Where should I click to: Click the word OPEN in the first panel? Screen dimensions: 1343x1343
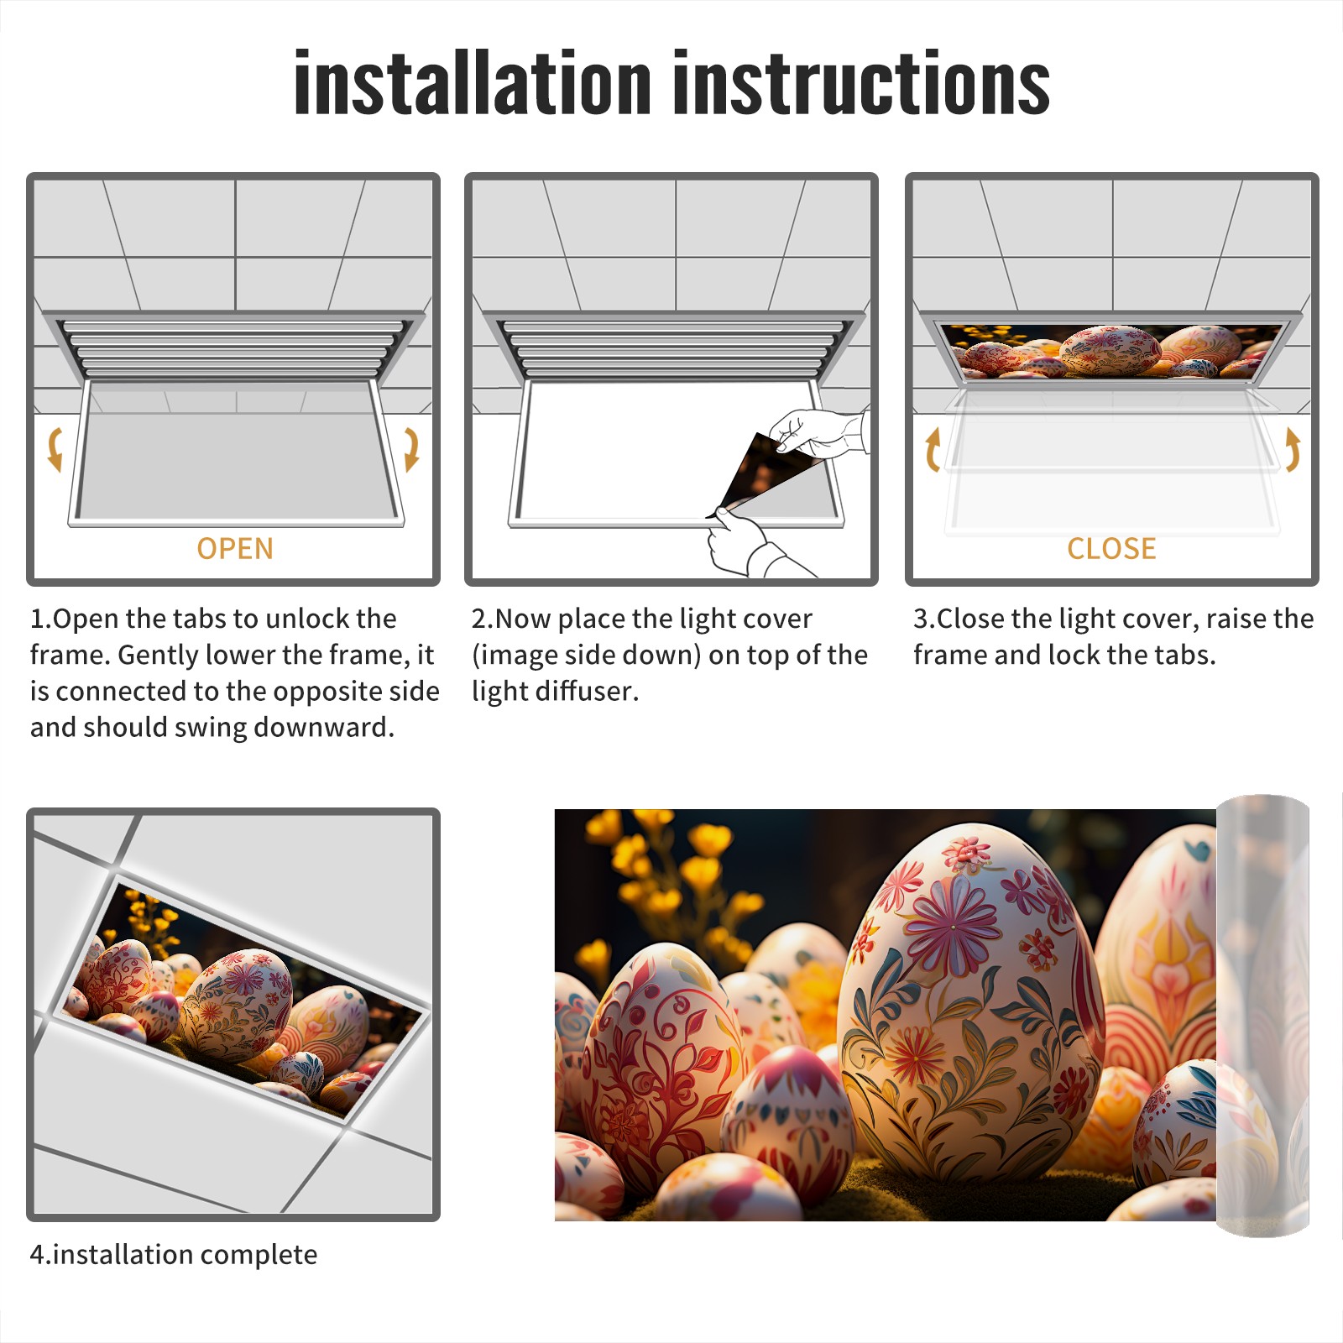(x=235, y=549)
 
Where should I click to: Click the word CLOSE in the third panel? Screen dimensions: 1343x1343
(x=1111, y=549)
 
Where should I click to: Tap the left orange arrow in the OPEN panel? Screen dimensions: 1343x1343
(x=55, y=449)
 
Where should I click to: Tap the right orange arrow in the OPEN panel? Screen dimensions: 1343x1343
(x=410, y=449)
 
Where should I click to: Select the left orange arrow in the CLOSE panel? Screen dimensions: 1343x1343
(x=932, y=449)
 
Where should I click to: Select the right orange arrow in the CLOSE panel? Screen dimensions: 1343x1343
(x=1293, y=449)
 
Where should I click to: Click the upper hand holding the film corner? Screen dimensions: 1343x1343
(x=818, y=432)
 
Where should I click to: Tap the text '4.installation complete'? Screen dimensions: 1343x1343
(x=174, y=1255)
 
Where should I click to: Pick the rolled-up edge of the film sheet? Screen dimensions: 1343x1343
(x=1262, y=1016)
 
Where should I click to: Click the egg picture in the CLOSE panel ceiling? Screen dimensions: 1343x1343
(x=1111, y=351)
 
